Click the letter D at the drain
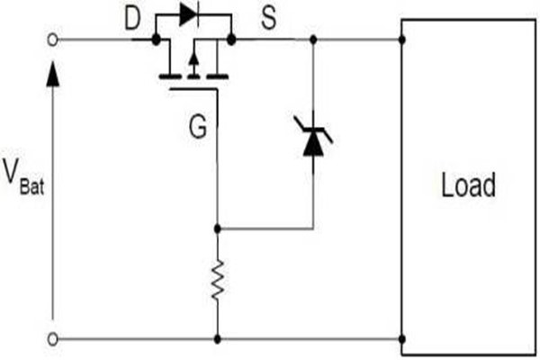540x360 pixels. (x=132, y=19)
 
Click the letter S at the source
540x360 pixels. (x=267, y=19)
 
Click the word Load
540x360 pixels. (x=468, y=186)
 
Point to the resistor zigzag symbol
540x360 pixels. (x=218, y=283)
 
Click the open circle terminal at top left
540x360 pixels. (x=53, y=40)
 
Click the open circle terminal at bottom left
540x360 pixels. (x=53, y=338)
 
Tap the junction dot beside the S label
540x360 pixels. (x=232, y=40)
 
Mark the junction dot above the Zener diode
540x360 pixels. (x=312, y=40)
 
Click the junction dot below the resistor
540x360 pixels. (x=218, y=338)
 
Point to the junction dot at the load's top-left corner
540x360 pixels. (x=402, y=40)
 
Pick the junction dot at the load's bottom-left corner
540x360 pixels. (x=402, y=338)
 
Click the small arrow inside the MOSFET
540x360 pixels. (x=193, y=64)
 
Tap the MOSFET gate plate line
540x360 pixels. (x=193, y=89)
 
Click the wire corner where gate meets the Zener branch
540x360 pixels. (x=218, y=229)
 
